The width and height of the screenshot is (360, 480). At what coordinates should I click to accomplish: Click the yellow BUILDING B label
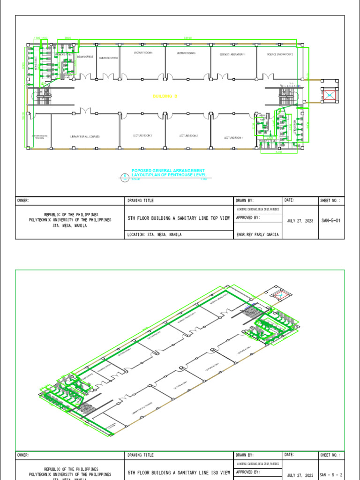coord(165,96)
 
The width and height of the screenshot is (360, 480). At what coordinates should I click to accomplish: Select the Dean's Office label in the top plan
coord(85,57)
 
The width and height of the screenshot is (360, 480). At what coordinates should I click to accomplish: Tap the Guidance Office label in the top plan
coord(108,58)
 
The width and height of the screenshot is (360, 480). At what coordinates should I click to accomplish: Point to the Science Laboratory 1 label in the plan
coord(232,54)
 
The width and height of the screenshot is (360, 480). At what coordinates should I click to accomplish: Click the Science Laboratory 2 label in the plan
coord(280,54)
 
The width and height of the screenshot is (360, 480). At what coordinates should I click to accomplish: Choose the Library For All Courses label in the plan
coord(85,136)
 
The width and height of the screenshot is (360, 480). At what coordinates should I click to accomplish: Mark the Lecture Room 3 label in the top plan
coord(142,135)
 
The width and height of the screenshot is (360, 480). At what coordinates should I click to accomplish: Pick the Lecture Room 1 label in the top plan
coord(233,137)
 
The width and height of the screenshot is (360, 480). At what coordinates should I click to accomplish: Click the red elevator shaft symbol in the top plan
coord(330,96)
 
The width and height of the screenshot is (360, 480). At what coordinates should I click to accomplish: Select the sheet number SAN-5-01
coord(330,221)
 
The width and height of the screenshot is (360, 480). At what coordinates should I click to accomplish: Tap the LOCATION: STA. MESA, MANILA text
coord(155,235)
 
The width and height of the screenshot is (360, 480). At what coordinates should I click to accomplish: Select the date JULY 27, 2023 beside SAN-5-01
coord(300,221)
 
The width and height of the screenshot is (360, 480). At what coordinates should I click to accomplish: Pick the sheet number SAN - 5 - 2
coord(331,475)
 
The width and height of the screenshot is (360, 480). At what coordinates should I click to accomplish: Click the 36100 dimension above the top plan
coord(188,37)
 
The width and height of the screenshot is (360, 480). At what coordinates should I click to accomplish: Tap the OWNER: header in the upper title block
coord(23,201)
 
